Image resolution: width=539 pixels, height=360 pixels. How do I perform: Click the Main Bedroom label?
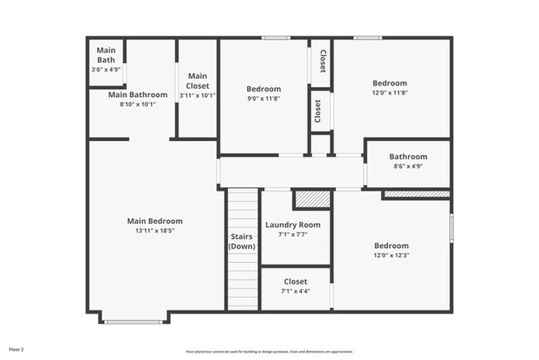coord(154,221)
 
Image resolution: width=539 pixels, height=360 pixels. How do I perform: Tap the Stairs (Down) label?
coord(242,241)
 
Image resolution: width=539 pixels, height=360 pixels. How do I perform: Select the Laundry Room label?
coord(292,225)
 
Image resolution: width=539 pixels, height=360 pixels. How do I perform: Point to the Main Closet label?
coord(197,81)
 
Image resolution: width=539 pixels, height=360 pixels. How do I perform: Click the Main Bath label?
coord(106,55)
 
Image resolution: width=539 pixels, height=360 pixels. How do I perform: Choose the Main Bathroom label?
coord(138,95)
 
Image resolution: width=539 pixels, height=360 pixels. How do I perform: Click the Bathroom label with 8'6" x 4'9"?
coord(408,157)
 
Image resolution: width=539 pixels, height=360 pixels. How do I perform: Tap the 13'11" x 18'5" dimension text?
coord(154,231)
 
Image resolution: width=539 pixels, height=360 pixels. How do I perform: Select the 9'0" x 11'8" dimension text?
coord(264,99)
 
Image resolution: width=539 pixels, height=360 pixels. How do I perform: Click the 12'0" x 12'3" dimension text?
coord(391,255)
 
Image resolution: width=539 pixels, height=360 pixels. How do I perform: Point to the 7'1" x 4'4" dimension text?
coord(295,291)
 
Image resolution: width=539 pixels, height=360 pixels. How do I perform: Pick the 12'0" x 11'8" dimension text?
coord(390,93)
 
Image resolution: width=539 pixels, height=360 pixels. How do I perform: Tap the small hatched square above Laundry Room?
coord(312,199)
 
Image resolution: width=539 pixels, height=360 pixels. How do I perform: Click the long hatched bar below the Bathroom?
coord(416,194)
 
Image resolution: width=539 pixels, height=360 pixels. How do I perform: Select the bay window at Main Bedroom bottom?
coord(134,320)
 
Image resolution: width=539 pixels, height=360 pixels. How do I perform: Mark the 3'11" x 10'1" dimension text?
coord(197,95)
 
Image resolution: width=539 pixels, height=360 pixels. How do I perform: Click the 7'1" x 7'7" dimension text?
coord(292,235)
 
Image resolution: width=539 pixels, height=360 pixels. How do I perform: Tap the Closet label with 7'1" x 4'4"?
coord(295,282)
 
